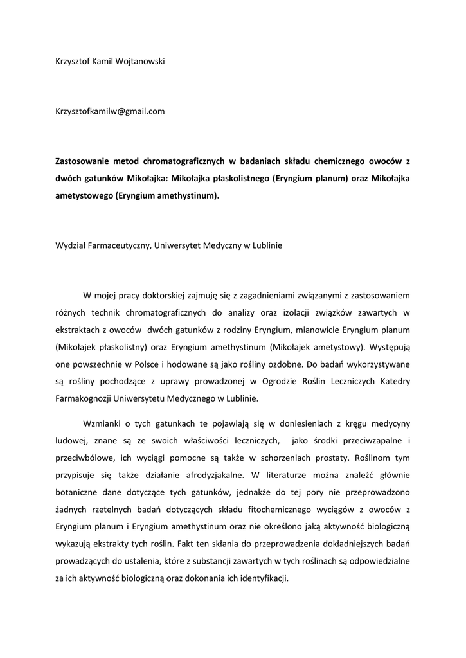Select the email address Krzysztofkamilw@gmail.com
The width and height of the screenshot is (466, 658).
(110, 111)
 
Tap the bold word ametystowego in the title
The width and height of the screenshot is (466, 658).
(83, 196)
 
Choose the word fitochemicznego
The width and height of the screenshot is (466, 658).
(256, 510)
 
